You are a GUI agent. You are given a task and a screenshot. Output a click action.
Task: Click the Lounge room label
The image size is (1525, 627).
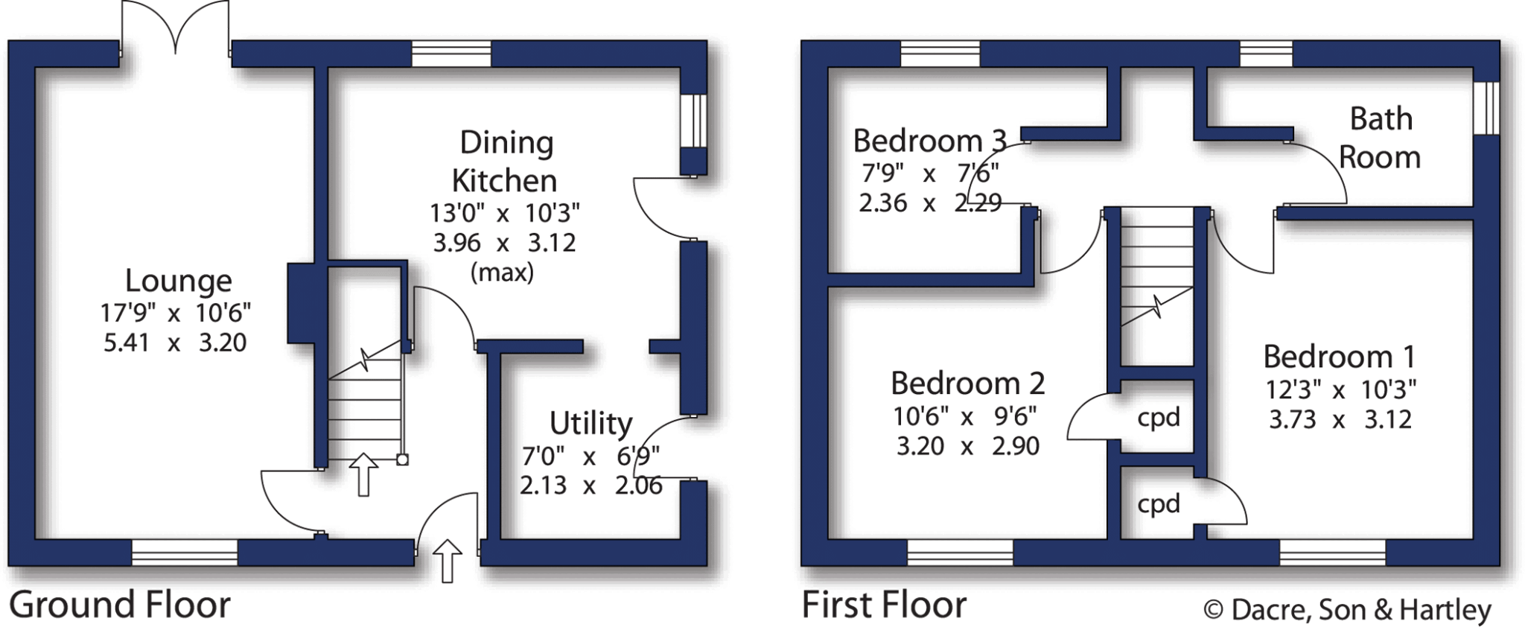click(179, 281)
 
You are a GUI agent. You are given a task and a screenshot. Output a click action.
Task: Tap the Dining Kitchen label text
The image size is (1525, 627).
click(505, 162)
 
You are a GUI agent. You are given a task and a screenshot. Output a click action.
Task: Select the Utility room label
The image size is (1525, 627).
click(590, 423)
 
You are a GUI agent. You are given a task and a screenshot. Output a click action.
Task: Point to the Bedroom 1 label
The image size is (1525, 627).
click(1339, 357)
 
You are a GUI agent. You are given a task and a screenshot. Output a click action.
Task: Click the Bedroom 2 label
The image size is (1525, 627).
click(967, 383)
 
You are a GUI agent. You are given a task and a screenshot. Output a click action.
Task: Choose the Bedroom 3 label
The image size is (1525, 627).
click(929, 141)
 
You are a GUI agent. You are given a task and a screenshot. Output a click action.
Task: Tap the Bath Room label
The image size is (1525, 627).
click(1380, 139)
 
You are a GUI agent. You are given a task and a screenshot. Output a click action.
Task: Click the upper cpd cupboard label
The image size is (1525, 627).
click(1159, 417)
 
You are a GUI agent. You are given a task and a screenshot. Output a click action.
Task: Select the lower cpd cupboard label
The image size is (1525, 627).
click(1159, 504)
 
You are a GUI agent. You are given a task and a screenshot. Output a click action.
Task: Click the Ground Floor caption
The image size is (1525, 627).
click(119, 605)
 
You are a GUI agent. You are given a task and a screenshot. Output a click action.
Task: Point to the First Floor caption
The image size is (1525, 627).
click(884, 605)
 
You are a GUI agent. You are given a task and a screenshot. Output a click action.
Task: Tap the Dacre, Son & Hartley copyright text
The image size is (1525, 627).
click(1347, 610)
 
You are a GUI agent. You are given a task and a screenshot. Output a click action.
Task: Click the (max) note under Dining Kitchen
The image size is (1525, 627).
click(503, 273)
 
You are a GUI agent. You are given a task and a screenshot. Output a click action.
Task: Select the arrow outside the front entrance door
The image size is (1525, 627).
click(447, 560)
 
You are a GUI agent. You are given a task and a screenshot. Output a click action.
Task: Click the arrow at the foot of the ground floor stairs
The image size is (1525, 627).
click(363, 474)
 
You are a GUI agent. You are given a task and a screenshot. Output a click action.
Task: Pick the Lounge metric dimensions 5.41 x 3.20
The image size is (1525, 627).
click(175, 343)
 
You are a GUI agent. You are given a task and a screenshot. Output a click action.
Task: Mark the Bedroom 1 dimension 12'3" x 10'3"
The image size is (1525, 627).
click(1340, 389)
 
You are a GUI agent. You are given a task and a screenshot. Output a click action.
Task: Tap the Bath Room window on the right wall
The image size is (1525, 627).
click(1486, 108)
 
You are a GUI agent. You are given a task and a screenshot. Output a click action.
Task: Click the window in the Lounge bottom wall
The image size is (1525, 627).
click(185, 553)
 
